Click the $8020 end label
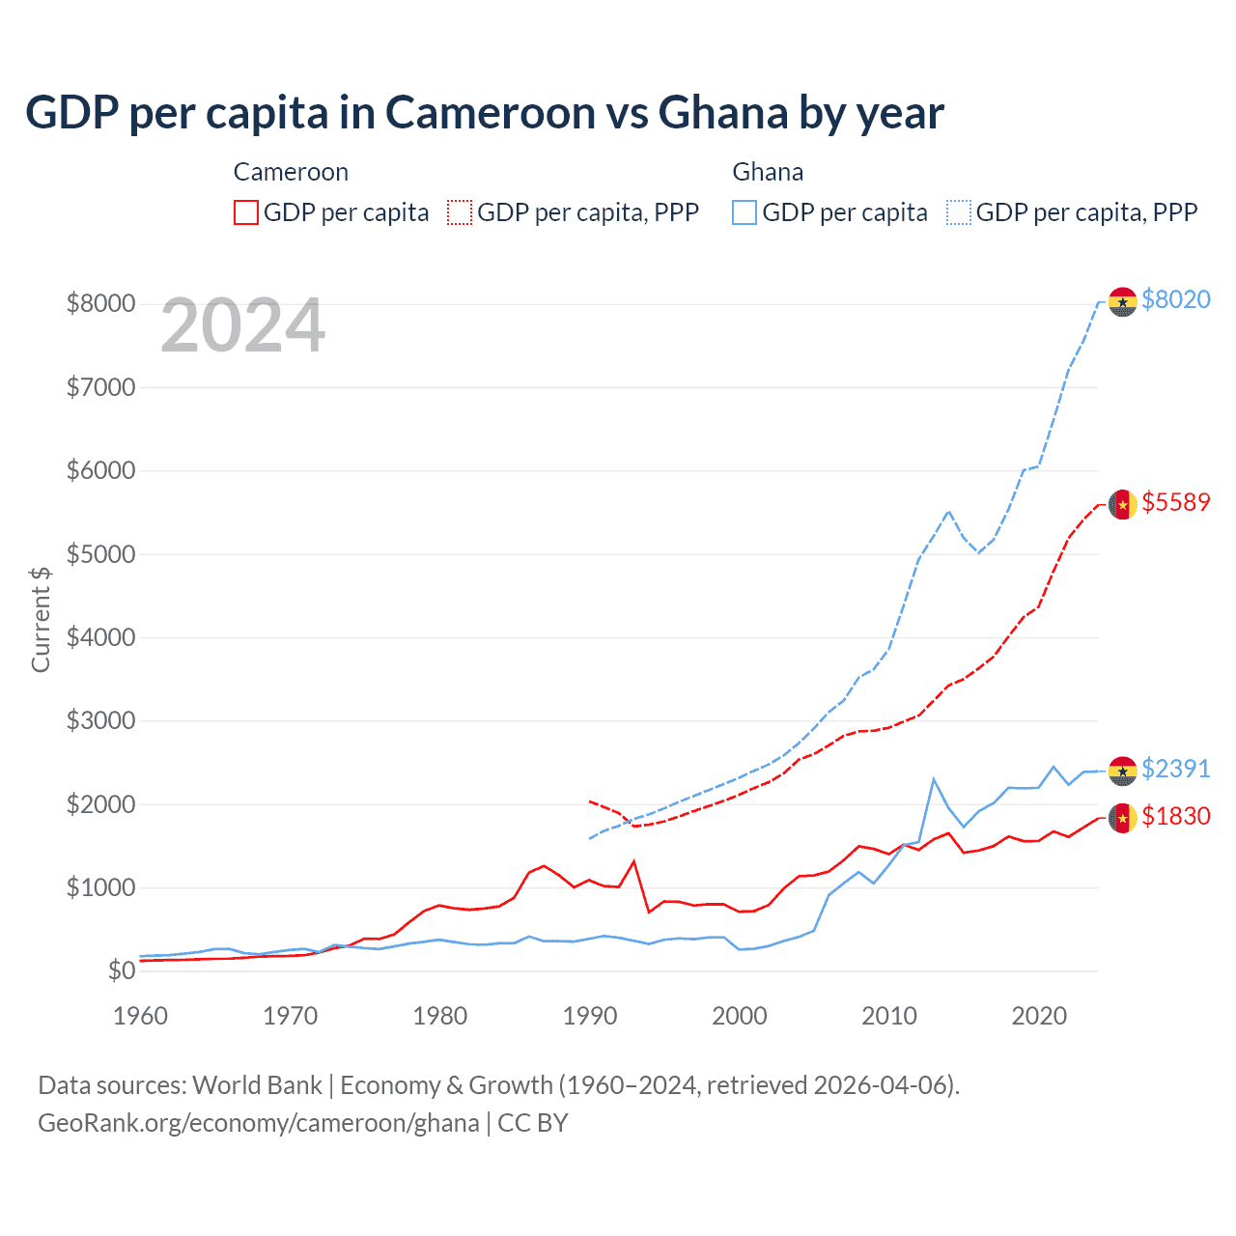1175,300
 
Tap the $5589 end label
1175,503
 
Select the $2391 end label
1175,769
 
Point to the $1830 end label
1175,817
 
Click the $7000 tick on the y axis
100,388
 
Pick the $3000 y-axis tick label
100,721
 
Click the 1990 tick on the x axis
590,1017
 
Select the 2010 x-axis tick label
889,1017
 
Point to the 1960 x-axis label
141,1017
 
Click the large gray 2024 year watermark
243,326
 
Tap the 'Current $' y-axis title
41,619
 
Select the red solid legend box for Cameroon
246,212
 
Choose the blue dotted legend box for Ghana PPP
959,212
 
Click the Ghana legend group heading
768,173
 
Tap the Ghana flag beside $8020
1122,302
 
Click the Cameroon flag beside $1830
1122,818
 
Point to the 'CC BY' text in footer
532,1124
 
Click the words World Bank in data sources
257,1085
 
